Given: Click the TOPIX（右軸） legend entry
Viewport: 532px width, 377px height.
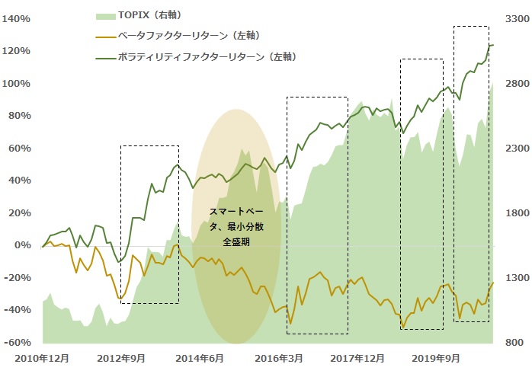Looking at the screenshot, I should [x=149, y=15].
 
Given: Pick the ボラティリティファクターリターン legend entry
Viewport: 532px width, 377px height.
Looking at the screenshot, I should [x=207, y=56].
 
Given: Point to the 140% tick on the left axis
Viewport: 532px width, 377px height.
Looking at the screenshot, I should [x=18, y=18].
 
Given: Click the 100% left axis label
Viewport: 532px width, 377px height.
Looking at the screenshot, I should [x=18, y=83].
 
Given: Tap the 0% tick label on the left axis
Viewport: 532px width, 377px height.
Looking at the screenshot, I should [x=23, y=245].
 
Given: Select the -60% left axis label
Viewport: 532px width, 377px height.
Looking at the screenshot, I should [x=18, y=343].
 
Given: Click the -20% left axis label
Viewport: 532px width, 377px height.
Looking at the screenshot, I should [x=18, y=278].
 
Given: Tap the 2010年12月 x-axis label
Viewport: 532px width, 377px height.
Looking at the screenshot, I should [x=38, y=358].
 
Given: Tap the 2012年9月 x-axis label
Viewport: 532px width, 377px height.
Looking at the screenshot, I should [x=122, y=358].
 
